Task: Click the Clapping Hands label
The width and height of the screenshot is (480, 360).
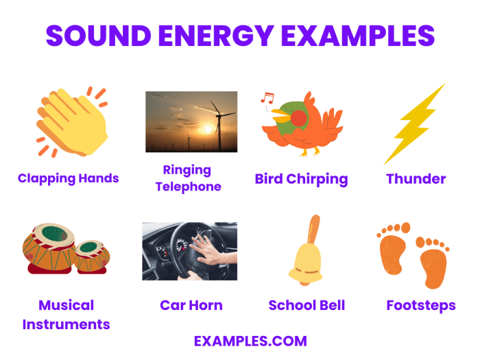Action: [68, 178]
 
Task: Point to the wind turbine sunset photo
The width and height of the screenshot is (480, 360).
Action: [191, 121]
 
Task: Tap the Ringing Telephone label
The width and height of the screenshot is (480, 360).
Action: [188, 178]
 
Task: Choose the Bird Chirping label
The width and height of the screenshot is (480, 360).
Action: [301, 180]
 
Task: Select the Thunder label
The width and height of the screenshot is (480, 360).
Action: [416, 180]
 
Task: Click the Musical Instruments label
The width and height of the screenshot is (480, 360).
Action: [67, 315]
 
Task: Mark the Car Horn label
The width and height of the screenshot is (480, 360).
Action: [191, 305]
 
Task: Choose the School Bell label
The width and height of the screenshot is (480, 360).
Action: [307, 305]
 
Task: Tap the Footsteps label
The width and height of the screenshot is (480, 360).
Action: [420, 305]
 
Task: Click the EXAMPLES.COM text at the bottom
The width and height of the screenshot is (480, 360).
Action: [250, 341]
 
